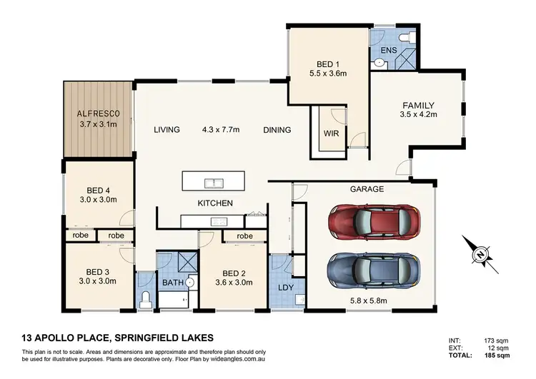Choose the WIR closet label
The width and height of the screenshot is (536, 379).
tap(331, 133)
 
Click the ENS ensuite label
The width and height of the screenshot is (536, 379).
tap(388, 50)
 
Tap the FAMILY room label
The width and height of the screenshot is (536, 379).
tap(417, 106)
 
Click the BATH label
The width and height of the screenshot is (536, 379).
tap(172, 283)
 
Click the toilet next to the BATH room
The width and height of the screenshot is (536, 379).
tap(145, 298)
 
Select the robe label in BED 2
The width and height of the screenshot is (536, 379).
tap(244, 236)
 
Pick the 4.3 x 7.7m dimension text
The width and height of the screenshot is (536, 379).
tap(221, 130)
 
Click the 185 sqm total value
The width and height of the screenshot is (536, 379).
tap(497, 355)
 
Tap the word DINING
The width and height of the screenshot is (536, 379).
tap(277, 130)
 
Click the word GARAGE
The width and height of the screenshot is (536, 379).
tap(367, 189)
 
